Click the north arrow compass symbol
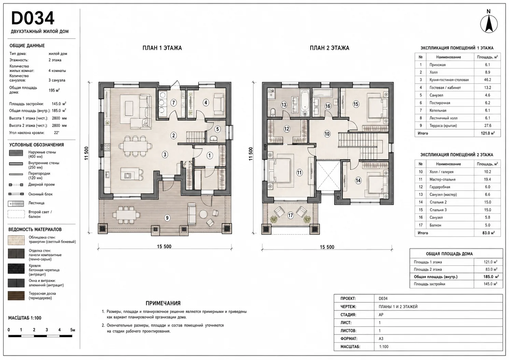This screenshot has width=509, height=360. (x=489, y=24)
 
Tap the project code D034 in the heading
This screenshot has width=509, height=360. (x=33, y=18)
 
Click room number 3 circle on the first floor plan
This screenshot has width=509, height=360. (x=165, y=155)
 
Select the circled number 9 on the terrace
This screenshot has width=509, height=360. (x=167, y=218)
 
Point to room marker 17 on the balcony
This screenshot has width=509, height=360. (x=291, y=215)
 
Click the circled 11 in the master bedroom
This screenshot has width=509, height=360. (x=299, y=173)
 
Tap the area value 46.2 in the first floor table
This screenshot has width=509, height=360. (x=487, y=80)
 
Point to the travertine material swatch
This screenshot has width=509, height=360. (x=16, y=240)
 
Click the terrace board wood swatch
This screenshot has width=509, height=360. (x=16, y=296)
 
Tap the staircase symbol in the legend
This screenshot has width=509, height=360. (x=16, y=203)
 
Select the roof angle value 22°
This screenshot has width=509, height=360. (x=57, y=133)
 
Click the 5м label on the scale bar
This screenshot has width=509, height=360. (x=72, y=330)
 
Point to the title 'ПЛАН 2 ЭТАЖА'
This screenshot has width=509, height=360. (x=329, y=48)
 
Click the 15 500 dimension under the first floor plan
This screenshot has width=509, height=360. (x=164, y=246)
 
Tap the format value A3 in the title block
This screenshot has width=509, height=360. (x=381, y=339)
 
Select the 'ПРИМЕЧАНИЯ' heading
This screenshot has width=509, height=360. (x=163, y=303)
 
